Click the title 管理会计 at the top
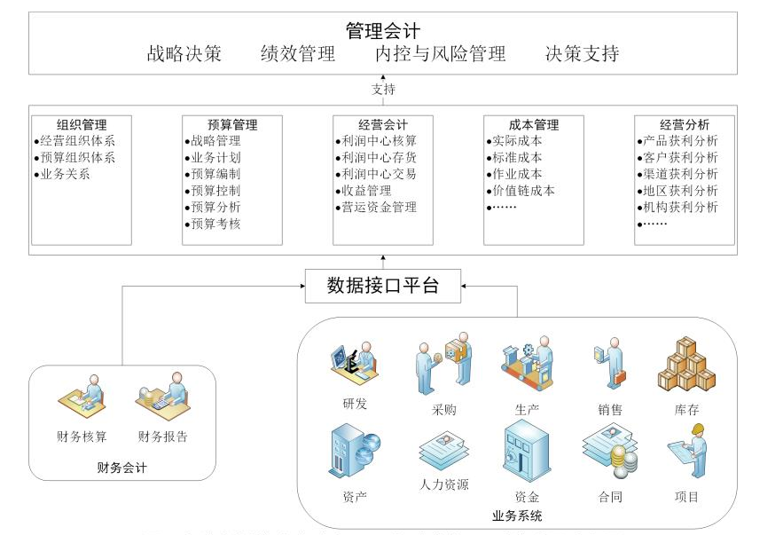tap(383, 31)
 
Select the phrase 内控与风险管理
tap(440, 54)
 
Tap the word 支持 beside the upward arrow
tap(383, 89)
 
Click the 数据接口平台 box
tap(383, 286)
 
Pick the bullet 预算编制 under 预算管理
tap(215, 174)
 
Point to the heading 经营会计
tap(383, 124)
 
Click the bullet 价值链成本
tap(523, 191)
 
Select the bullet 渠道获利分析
tap(680, 174)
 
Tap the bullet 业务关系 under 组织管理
tap(65, 174)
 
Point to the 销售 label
tap(610, 410)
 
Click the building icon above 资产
tap(353, 453)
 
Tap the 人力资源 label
tap(443, 484)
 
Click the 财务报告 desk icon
tap(162, 397)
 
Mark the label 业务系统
tap(517, 515)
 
